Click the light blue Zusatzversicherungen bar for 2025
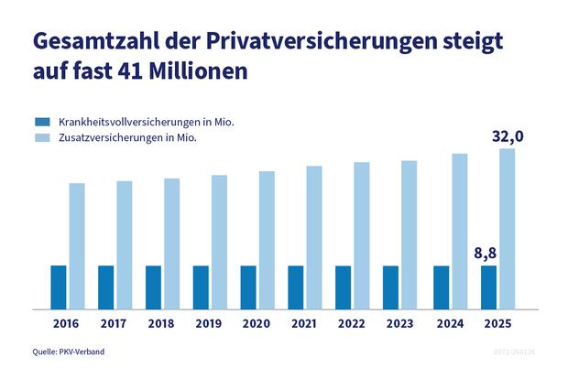[507, 229]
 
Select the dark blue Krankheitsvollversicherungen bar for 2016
[59, 287]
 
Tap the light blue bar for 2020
[267, 240]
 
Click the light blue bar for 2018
[171, 244]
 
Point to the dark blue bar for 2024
[441, 287]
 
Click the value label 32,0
[507, 136]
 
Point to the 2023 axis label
[401, 324]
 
